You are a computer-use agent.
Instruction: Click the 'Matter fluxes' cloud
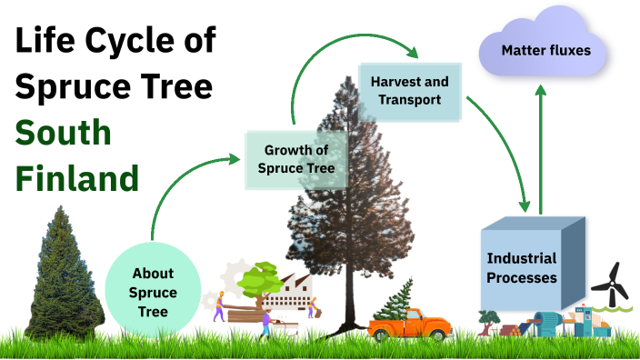545,50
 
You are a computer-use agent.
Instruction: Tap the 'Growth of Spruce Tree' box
296,159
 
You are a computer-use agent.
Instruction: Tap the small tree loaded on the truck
393,300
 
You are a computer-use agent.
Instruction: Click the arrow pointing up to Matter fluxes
540,145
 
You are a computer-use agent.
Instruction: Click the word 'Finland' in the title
76,177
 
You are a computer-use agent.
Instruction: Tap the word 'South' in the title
64,133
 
